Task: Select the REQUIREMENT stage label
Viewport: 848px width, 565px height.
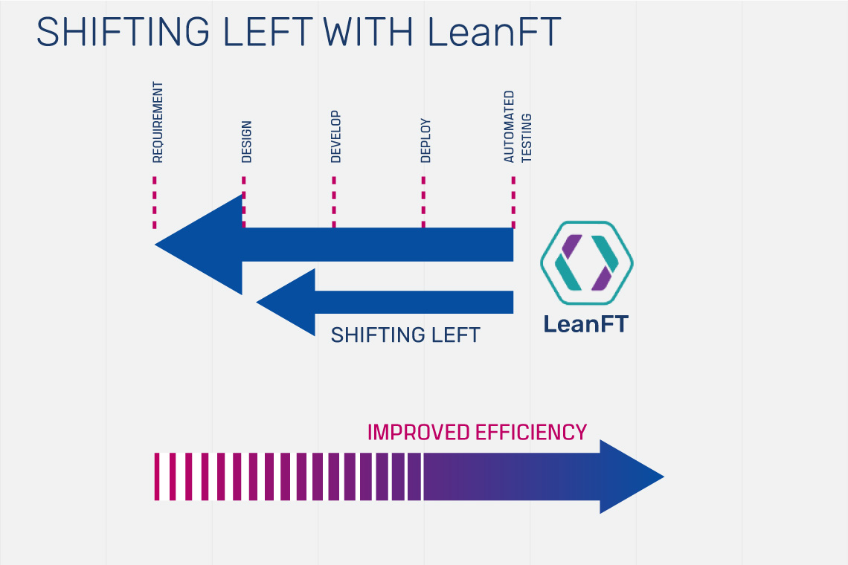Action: (x=157, y=123)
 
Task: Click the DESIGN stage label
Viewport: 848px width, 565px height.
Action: (x=246, y=141)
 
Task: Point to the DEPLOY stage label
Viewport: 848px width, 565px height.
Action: (x=425, y=141)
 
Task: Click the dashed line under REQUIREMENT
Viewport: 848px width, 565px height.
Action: (x=155, y=202)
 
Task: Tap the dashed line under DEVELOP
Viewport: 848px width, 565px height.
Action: (x=334, y=202)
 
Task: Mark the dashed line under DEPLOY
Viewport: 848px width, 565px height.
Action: (x=423, y=202)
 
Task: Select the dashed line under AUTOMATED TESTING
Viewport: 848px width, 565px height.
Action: (x=513, y=202)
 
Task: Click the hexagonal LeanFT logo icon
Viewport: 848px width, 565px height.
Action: (x=586, y=263)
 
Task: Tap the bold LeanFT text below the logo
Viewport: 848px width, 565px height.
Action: (x=585, y=324)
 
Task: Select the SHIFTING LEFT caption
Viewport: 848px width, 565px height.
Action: (x=405, y=335)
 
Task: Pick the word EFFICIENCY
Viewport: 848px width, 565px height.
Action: (x=530, y=432)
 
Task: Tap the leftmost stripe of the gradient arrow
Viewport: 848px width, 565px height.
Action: (x=157, y=477)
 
